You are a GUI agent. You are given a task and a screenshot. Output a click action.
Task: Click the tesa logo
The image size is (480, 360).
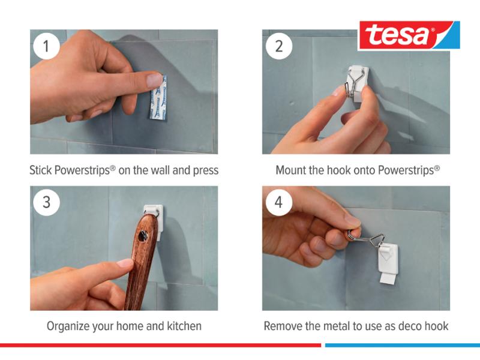coord(409,35)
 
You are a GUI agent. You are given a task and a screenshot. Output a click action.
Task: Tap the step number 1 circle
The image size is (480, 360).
coord(46,46)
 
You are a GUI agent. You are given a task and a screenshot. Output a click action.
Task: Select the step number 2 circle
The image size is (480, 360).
coord(279,46)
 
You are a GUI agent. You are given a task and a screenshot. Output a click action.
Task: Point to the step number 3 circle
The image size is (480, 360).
coord(46,202)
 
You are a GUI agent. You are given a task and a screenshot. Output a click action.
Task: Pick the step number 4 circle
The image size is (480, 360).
coord(279,202)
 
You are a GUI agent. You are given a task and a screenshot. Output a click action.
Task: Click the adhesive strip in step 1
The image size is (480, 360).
coord(158,97)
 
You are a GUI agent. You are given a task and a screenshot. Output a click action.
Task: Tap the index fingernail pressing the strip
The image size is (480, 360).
coord(154,80)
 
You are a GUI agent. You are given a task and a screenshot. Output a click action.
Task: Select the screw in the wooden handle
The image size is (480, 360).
coord(143,236)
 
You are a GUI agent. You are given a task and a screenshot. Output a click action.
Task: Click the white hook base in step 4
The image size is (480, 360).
coord(389,263)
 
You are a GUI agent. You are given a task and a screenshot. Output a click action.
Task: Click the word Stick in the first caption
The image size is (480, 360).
coord(40,170)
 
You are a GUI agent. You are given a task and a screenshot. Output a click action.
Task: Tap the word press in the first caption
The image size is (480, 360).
coord(205,171)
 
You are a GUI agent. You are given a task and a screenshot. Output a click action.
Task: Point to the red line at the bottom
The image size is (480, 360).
coord(160,346)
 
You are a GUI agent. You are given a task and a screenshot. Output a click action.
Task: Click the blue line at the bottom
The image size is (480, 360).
coord(403,346)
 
